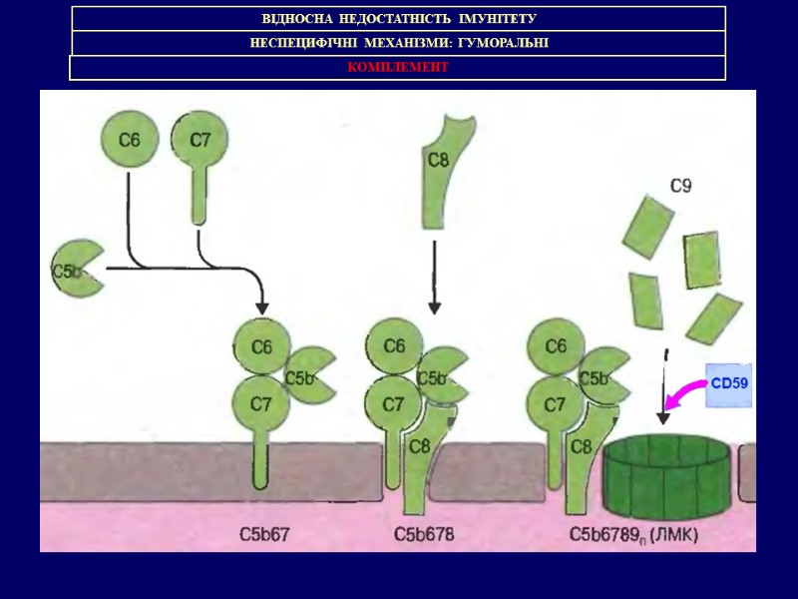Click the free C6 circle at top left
point(130,141)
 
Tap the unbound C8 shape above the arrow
point(441,170)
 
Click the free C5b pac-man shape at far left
point(76,269)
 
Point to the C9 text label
point(681,185)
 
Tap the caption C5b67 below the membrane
point(264,534)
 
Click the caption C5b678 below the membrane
point(424,534)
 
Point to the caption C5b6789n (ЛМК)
point(633,534)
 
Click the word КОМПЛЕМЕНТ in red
point(398,67)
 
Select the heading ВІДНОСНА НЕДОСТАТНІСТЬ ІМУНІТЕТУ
point(398,19)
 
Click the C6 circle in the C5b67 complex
point(261,347)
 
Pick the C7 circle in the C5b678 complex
point(394,404)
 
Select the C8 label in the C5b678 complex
point(419,446)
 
